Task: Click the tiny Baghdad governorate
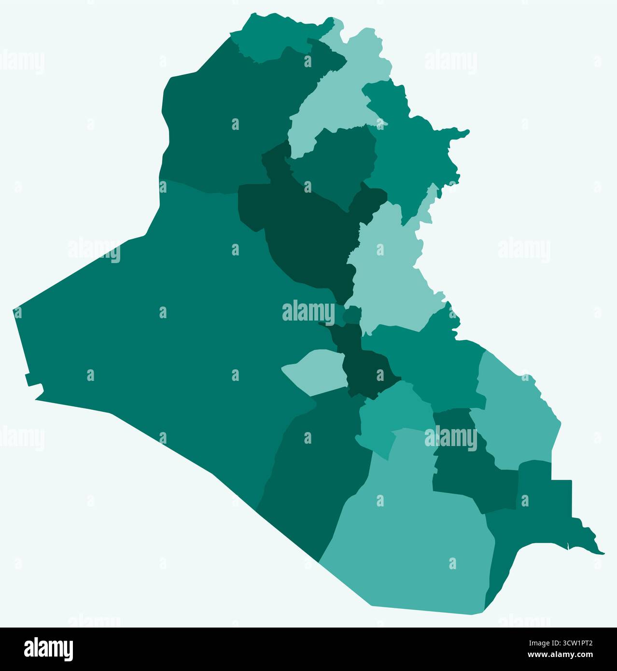point(351,316)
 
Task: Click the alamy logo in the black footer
point(48,649)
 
